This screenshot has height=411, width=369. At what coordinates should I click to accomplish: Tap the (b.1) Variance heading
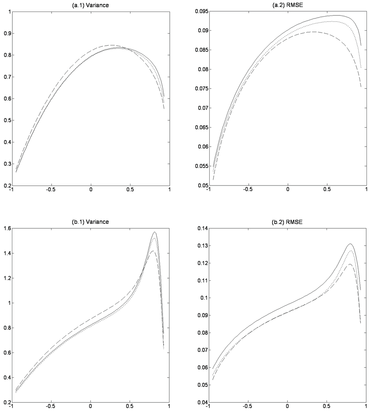[x=90, y=222]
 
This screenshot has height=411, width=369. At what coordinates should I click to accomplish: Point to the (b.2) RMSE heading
[x=287, y=222]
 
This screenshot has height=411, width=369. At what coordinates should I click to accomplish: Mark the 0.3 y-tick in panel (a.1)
[x=6, y=164]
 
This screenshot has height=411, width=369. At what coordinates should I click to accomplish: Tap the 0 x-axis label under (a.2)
[x=287, y=191]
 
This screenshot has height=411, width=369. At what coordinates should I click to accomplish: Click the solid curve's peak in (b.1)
[x=155, y=232]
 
